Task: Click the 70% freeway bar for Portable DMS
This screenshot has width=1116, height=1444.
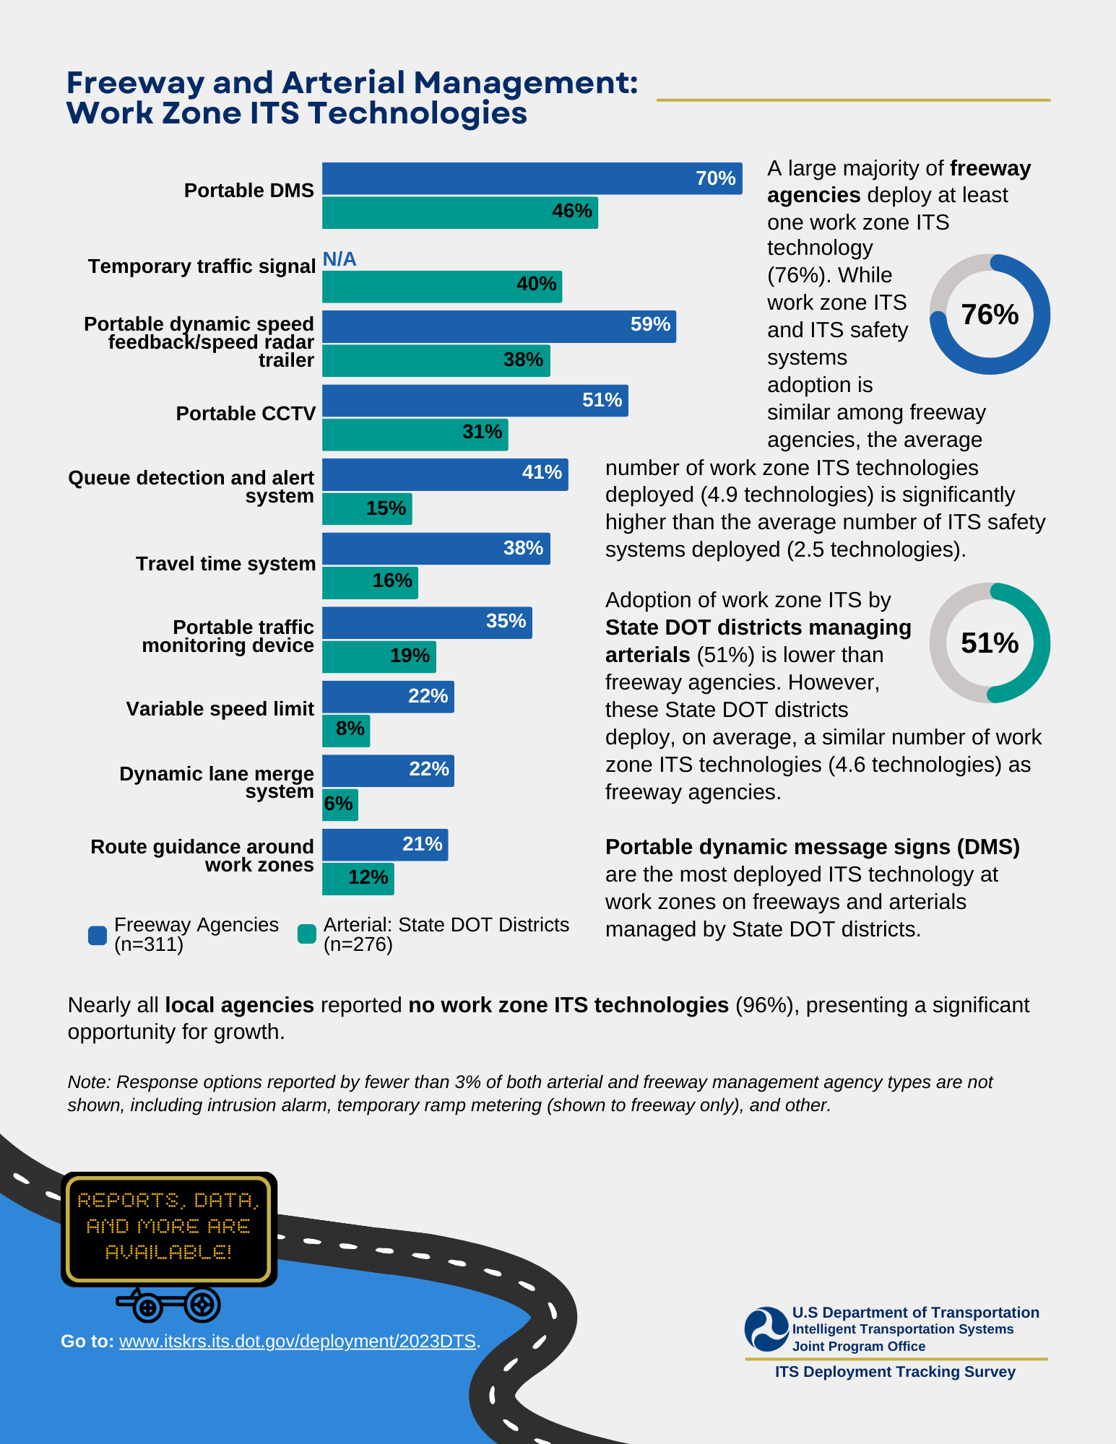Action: [x=532, y=178]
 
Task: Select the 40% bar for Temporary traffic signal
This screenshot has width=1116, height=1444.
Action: [x=441, y=287]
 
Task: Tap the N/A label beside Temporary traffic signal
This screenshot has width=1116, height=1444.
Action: [x=339, y=259]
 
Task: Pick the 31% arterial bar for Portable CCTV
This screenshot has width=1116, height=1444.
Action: [x=415, y=435]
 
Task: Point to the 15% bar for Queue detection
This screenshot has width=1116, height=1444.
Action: [x=367, y=509]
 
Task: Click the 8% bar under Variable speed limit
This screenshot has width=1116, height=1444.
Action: [x=346, y=731]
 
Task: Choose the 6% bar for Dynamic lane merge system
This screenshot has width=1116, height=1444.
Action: [x=339, y=804]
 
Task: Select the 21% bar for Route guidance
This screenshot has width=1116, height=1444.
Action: [x=385, y=845]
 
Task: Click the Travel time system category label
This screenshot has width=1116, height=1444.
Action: [x=225, y=564]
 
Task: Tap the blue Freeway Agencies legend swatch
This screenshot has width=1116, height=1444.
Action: [x=98, y=935]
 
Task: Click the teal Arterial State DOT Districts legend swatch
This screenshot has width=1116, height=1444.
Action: [x=307, y=934]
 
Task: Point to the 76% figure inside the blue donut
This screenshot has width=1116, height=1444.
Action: [x=990, y=315]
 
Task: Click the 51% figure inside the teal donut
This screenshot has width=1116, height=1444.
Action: [x=990, y=643]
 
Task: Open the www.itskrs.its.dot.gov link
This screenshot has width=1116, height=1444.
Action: [x=298, y=1341]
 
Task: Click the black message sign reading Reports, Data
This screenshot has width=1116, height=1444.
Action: [x=169, y=1227]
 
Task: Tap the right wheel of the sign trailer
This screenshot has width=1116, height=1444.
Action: [x=202, y=1305]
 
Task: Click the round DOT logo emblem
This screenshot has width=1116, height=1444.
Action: [x=766, y=1329]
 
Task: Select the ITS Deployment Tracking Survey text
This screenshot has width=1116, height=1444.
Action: [x=895, y=1372]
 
